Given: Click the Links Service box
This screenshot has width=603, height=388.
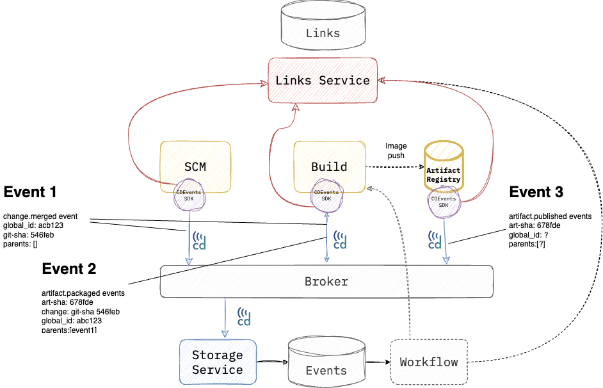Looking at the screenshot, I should (323, 81).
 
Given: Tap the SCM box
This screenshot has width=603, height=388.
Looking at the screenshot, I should (195, 166).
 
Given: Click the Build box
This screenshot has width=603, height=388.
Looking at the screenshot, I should (329, 166).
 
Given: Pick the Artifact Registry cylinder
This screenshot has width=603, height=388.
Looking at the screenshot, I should (443, 169).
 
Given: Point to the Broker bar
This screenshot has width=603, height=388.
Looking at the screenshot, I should (326, 282).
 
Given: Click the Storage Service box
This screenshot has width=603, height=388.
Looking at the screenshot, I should (218, 362).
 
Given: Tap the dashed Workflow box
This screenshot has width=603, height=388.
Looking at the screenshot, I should (429, 362).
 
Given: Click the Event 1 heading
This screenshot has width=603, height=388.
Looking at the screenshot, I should (30, 192).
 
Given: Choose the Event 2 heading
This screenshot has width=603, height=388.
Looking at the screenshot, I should (68, 269).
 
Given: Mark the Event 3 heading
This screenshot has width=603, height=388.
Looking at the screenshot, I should (536, 192).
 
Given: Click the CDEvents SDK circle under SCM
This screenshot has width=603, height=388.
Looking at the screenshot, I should (189, 195).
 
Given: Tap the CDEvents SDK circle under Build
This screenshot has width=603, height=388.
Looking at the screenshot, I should (326, 195).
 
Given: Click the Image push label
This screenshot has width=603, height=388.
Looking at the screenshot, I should (396, 151).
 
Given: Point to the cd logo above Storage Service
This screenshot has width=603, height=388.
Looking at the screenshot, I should (244, 316).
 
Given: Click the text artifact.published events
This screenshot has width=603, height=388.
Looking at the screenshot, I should (550, 216).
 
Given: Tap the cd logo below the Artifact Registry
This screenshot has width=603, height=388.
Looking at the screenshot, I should (435, 239).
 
